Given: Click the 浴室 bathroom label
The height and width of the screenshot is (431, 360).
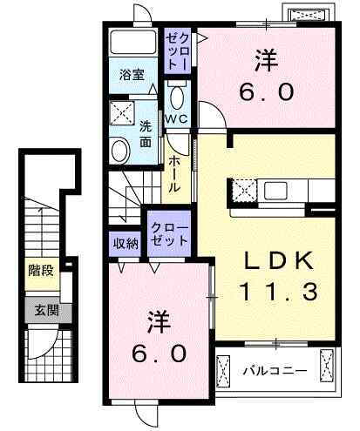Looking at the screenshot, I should point(132,75).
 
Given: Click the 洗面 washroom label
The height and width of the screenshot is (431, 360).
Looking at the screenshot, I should point(146,132).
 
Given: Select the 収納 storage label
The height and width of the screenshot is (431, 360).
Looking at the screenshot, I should point(126,243).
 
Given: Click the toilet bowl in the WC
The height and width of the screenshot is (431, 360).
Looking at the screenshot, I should point(177,95).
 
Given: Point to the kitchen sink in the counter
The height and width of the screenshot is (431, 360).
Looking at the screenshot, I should point(279,190).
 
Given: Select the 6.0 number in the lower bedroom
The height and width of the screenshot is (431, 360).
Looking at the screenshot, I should point(160,354).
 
